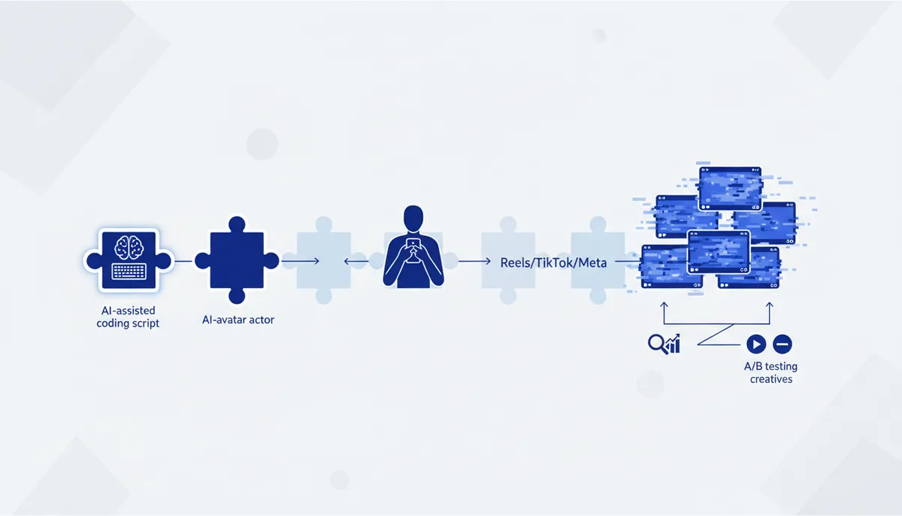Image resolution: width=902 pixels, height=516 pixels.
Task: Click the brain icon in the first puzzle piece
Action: [129, 247]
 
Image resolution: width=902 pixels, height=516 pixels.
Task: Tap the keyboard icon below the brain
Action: [129, 271]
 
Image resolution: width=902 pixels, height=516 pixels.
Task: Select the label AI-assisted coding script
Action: [128, 317]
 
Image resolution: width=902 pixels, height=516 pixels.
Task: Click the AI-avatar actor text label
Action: [238, 320]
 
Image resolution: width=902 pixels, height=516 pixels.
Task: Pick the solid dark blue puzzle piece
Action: [237, 260]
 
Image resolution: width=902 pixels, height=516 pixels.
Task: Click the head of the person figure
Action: [413, 218]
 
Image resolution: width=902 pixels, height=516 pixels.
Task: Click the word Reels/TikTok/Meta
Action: [553, 263]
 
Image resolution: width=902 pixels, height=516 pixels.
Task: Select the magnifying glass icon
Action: [657, 344]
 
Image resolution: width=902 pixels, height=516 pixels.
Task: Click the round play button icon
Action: [756, 345]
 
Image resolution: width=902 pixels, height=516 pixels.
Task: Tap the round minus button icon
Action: [782, 345]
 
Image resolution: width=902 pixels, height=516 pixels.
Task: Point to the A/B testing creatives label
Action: [770, 372]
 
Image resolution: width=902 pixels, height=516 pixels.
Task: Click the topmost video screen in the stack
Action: [731, 188]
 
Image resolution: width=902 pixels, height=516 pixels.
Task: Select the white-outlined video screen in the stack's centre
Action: [719, 252]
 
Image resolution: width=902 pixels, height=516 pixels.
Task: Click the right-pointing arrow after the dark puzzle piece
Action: [301, 262]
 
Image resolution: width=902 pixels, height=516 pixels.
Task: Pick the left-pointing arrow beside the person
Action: [356, 262]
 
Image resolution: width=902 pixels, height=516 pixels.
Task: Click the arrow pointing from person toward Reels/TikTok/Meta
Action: [475, 262]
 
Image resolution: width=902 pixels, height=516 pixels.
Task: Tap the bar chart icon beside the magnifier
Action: [673, 345]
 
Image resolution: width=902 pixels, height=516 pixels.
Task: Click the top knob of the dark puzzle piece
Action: [237, 224]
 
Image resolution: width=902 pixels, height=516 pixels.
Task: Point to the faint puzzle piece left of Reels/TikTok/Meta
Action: [508, 260]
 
